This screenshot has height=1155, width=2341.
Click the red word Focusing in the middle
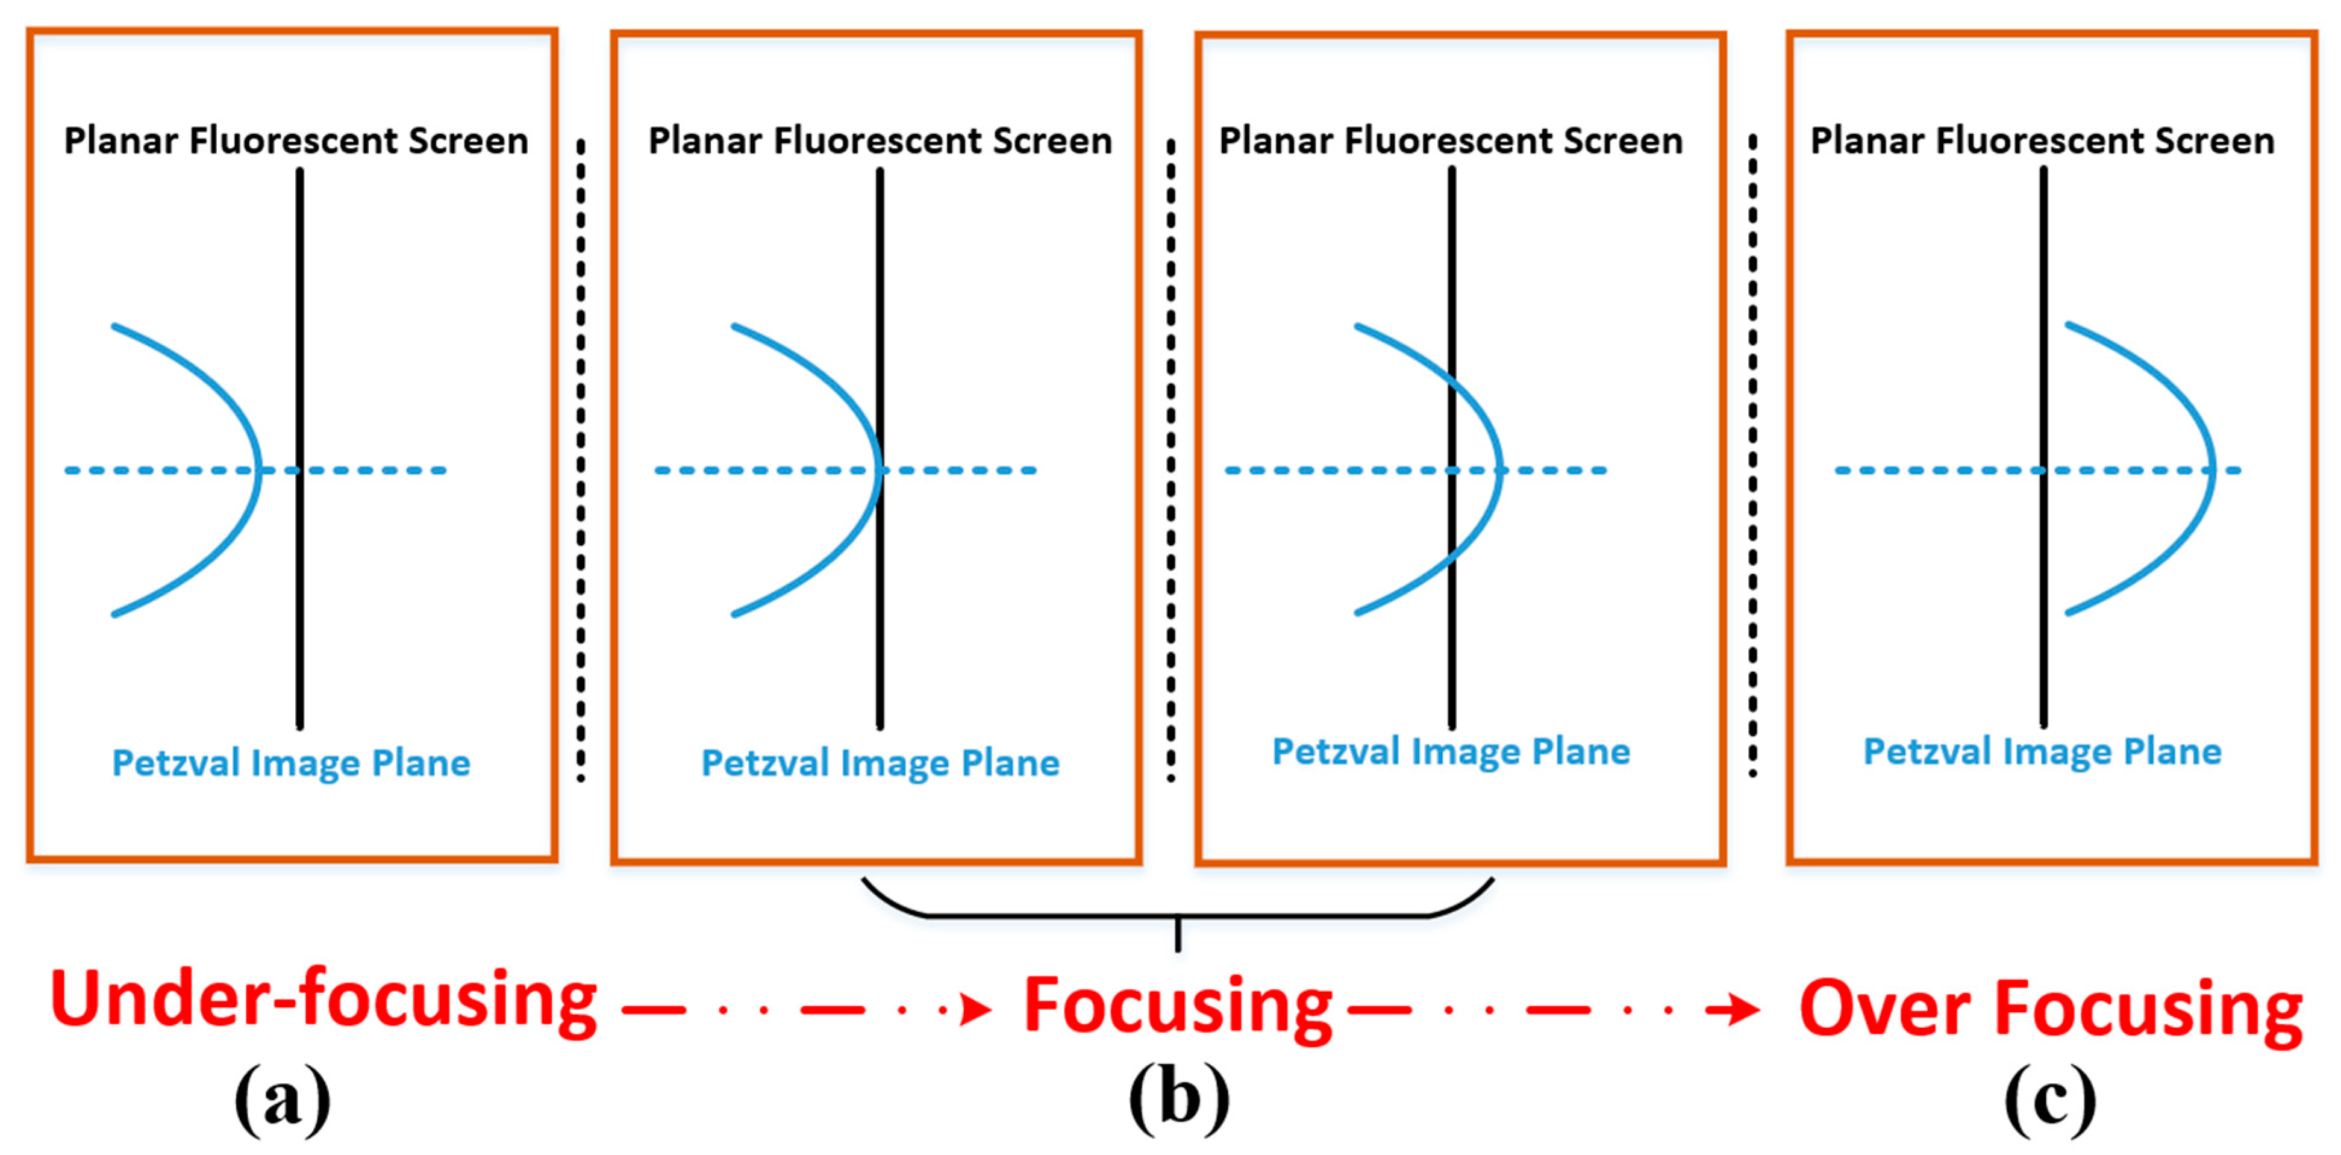[x=1177, y=1007]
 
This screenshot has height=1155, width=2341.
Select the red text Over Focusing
[x=2050, y=1009]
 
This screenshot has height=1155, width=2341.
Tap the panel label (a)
[x=283, y=1100]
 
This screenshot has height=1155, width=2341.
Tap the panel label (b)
[x=1179, y=1100]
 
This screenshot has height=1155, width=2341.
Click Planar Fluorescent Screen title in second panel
[x=880, y=141]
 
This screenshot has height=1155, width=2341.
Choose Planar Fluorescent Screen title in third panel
[x=1451, y=141]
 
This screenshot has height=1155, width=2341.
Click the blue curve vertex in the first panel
[x=260, y=470]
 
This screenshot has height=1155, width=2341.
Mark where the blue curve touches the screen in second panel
[x=880, y=470]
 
